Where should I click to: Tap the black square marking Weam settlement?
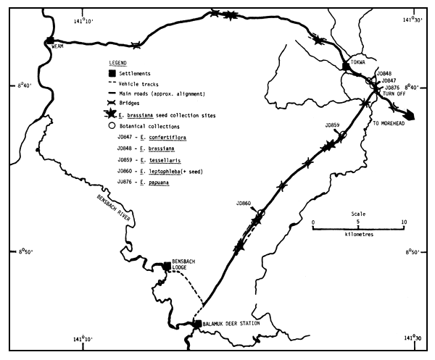point(49,41)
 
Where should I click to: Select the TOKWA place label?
point(357,62)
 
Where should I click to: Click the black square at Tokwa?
point(347,67)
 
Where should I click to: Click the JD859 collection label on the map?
point(332,125)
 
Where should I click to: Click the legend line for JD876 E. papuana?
point(149,175)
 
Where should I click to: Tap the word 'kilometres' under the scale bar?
point(359,234)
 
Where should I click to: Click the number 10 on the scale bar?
point(403,222)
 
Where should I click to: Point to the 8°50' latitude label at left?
point(24,251)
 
